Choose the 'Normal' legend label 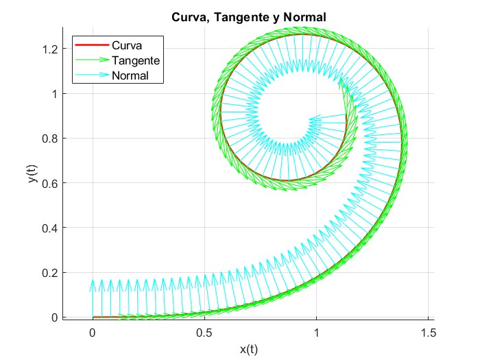pos(130,75)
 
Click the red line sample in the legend pos(91,46)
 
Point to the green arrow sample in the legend pos(91,60)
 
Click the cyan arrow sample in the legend pos(91,75)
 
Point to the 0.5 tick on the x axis pos(204,332)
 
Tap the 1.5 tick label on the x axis pos(429,332)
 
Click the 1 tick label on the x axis pos(317,332)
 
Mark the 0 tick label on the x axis pos(93,332)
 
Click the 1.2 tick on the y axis pos(51,49)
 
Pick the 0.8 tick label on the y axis pos(51,139)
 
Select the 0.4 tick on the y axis pos(51,228)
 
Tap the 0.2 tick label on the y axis pos(51,273)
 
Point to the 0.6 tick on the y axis pos(51,184)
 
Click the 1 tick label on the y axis pos(56,94)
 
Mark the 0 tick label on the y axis pos(56,317)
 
